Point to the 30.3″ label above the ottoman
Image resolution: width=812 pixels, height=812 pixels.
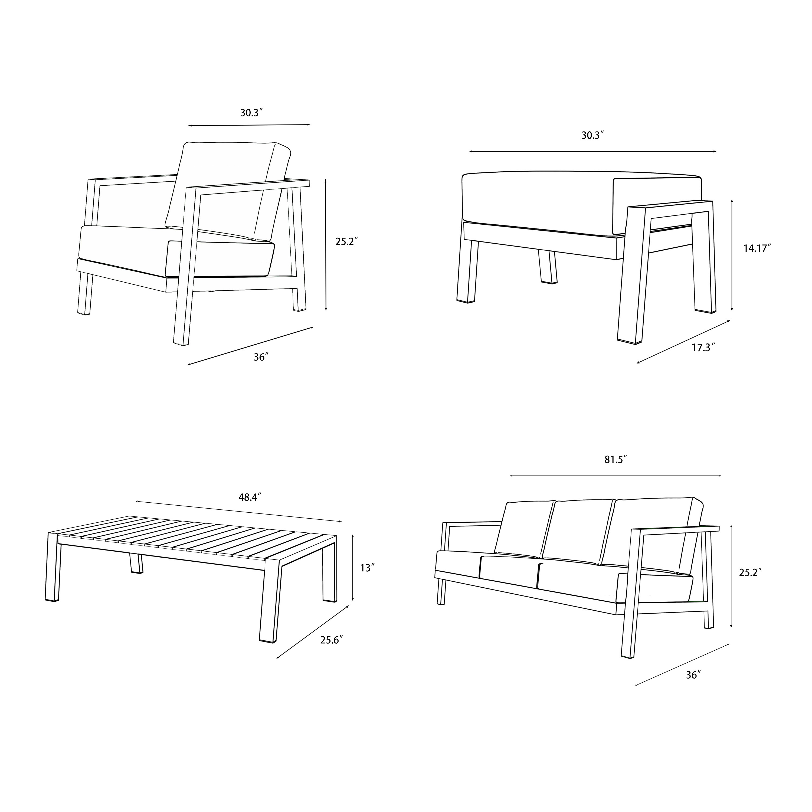coord(592,135)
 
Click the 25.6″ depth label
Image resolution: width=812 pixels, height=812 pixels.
coord(331,640)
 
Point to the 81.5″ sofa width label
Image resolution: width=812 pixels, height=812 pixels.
coord(616,460)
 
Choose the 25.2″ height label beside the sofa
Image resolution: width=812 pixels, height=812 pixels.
coord(750,572)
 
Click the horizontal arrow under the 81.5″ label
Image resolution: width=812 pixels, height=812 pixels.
coord(615,476)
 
